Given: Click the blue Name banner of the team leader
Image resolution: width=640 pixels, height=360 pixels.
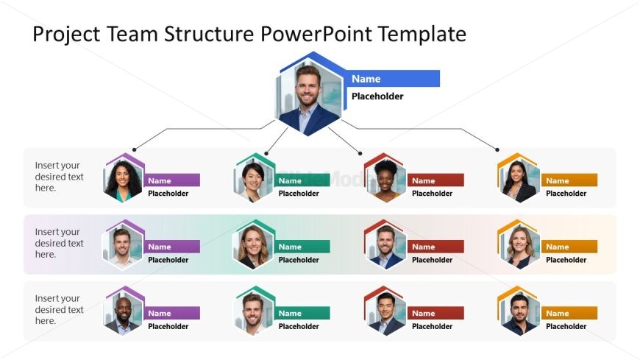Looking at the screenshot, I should click(394, 79).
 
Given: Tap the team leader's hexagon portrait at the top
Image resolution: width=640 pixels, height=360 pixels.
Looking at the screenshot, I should click(310, 96).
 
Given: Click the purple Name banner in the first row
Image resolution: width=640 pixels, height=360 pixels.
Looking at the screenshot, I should click(173, 180).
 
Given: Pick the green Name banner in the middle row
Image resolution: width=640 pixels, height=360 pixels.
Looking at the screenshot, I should click(303, 247).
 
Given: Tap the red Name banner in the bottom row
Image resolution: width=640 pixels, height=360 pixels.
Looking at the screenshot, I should click(435, 313).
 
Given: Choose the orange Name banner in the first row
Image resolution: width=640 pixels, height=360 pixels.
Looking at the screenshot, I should click(569, 180).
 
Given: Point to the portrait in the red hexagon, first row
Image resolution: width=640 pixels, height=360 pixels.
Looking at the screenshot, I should click(384, 179).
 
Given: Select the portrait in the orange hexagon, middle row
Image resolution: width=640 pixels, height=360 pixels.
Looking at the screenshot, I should click(519, 245).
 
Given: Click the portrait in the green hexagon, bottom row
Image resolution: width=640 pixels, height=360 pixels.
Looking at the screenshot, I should click(255, 313).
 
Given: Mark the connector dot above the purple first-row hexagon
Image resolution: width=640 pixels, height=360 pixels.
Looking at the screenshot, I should click(133, 149).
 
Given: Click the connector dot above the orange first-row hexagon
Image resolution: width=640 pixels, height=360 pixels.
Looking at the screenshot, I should click(497, 149).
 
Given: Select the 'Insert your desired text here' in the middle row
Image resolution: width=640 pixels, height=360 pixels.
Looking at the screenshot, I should click(60, 243).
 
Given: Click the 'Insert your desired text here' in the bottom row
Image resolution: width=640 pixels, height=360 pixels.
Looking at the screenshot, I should click(60, 309).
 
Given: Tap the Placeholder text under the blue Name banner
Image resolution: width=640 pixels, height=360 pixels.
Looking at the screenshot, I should click(377, 96).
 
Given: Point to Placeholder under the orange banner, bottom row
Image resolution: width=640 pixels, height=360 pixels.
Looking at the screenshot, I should click(566, 326).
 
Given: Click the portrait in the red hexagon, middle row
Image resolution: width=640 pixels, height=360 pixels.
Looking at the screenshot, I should click(384, 245).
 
